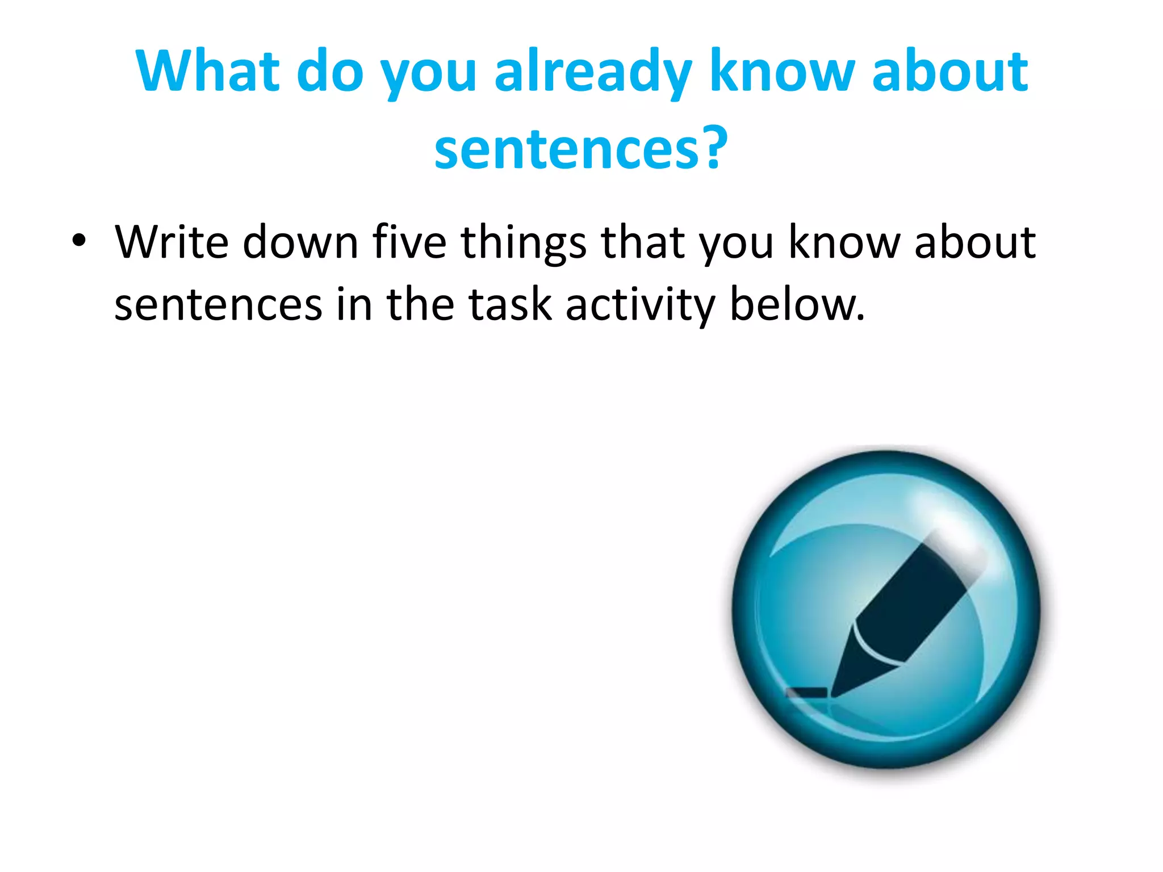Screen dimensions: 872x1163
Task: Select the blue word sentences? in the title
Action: click(580, 149)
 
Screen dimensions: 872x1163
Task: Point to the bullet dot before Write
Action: click(79, 241)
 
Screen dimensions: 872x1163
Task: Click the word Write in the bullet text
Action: click(171, 242)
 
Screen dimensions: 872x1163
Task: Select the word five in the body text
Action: click(409, 242)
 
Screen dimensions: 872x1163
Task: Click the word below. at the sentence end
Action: click(797, 305)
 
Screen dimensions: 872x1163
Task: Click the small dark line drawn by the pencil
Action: click(806, 693)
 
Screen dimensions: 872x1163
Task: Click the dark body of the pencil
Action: click(909, 602)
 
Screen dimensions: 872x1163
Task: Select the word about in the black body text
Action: click(974, 242)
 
